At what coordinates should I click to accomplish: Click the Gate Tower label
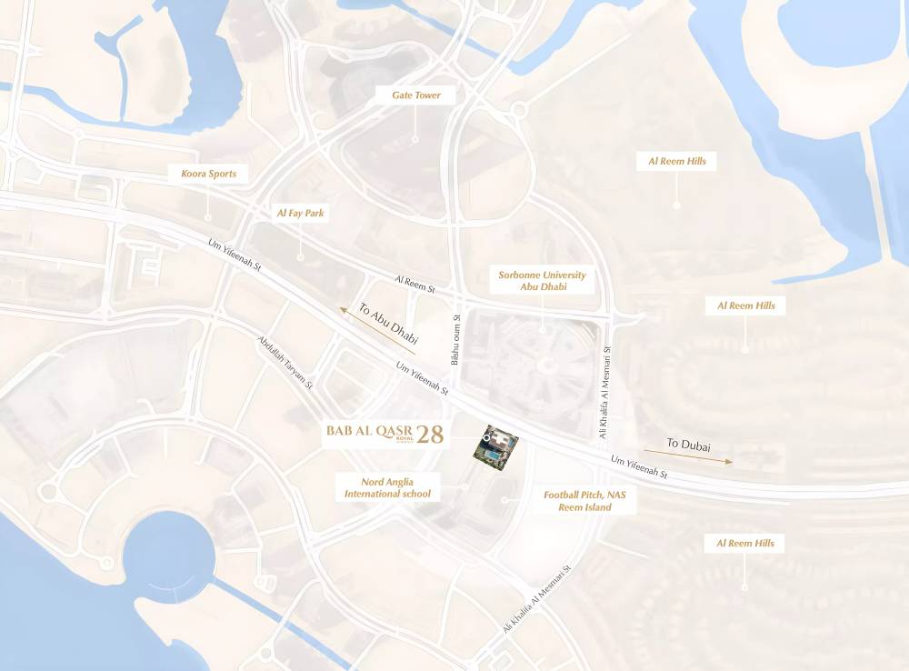click(x=416, y=95)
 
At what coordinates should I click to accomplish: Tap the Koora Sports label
click(x=208, y=174)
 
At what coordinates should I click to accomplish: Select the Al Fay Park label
click(x=301, y=214)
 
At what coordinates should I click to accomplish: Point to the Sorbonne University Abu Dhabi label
click(x=542, y=280)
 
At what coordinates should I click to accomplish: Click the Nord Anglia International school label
click(x=387, y=487)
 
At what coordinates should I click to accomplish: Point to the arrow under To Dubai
click(x=689, y=457)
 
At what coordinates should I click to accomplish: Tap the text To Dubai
click(x=688, y=445)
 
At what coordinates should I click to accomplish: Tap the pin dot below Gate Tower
click(x=415, y=140)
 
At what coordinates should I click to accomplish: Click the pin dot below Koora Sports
click(x=208, y=218)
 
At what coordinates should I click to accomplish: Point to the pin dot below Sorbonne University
click(x=542, y=326)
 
